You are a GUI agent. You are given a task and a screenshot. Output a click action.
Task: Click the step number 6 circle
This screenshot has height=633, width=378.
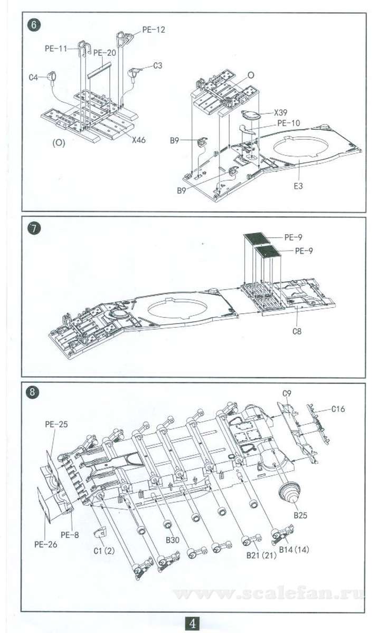pyautogui.click(x=34, y=25)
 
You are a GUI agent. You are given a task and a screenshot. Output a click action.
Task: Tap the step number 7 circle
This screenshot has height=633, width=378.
pyautogui.click(x=34, y=228)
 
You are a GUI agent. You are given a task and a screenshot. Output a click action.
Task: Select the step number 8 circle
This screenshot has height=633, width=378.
pyautogui.click(x=32, y=391)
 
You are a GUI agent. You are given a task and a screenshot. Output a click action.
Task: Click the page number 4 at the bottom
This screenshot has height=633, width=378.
pyautogui.click(x=192, y=624)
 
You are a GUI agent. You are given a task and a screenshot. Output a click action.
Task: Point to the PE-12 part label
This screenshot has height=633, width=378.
pyautogui.click(x=154, y=30)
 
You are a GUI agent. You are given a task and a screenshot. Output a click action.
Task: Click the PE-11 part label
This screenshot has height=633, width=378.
pyautogui.click(x=56, y=49)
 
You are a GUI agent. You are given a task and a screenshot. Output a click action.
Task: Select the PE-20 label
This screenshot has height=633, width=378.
pyautogui.click(x=105, y=53)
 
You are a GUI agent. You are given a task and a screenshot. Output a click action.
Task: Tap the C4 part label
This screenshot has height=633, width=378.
pyautogui.click(x=33, y=77)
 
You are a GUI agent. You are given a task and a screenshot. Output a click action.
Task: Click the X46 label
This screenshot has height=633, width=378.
pyautogui.click(x=138, y=140)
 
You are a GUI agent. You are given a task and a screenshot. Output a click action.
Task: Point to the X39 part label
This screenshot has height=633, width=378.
pyautogui.click(x=280, y=112)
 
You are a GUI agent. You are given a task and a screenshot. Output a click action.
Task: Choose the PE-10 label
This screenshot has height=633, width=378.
pyautogui.click(x=289, y=123)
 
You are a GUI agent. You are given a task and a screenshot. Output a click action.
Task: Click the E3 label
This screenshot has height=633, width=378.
pyautogui.click(x=298, y=186)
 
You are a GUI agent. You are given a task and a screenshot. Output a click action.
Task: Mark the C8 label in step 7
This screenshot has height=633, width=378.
pyautogui.click(x=297, y=331)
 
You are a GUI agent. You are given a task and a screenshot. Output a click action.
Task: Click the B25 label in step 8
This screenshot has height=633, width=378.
pyautogui.click(x=300, y=515)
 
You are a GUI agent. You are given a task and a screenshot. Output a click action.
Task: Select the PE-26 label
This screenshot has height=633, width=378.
pyautogui.click(x=45, y=544)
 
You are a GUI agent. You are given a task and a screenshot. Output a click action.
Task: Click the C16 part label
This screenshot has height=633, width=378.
pyautogui.click(x=338, y=409)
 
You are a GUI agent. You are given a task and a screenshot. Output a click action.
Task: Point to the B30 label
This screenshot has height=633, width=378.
pyautogui.click(x=173, y=540)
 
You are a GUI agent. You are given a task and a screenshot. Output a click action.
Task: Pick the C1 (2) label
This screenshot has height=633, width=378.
pyautogui.click(x=104, y=551)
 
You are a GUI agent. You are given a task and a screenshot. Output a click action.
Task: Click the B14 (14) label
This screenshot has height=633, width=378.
pyautogui.click(x=294, y=549)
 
